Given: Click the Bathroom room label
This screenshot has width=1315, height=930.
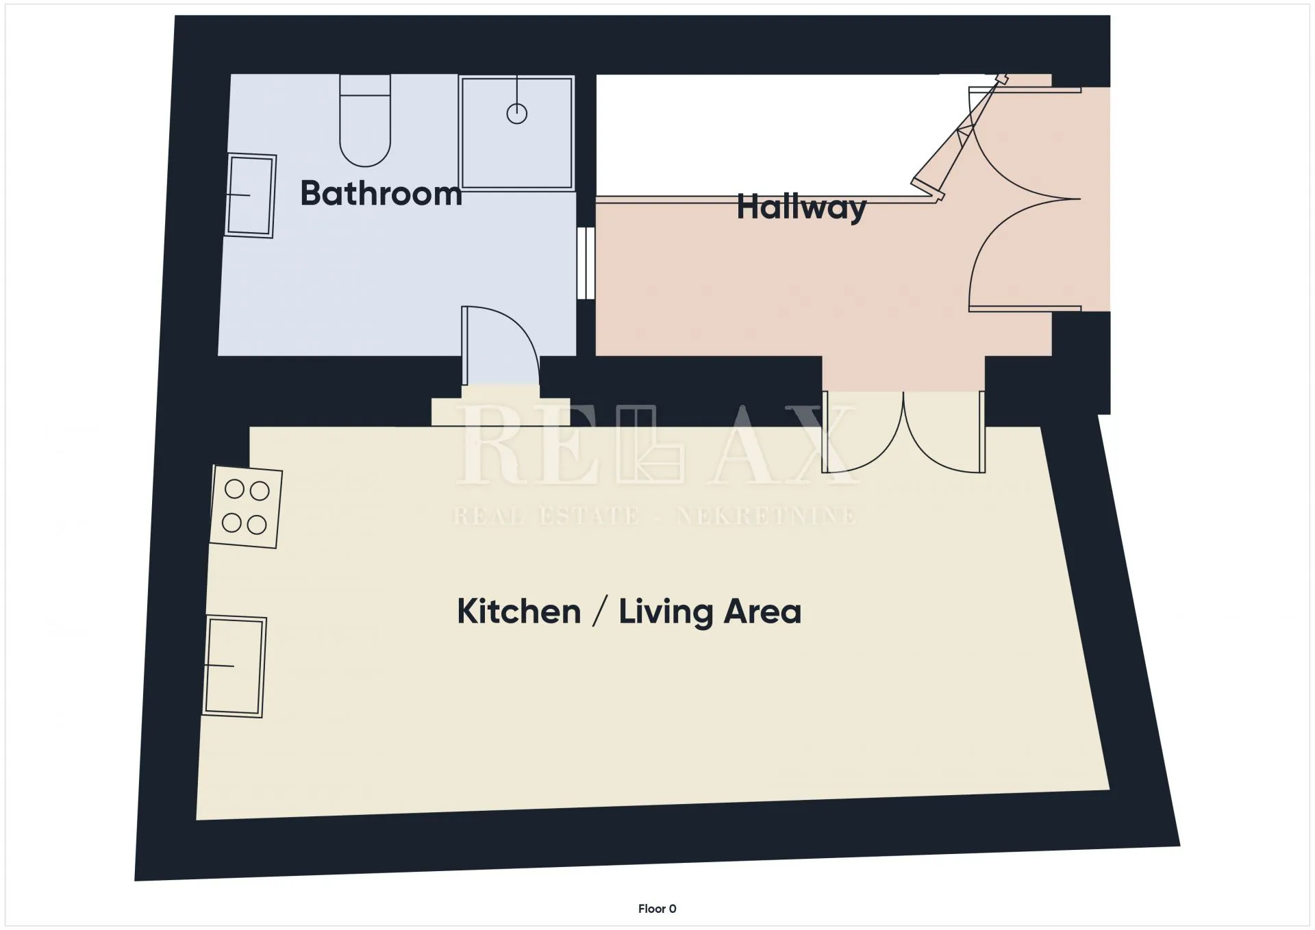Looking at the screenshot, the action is [x=381, y=193].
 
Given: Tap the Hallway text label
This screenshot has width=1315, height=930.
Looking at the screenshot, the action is [x=801, y=207].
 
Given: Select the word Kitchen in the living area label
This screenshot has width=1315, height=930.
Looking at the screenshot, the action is [x=518, y=611].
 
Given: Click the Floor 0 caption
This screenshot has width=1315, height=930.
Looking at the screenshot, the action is [x=657, y=909].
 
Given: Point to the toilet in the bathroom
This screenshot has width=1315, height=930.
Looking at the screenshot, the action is [x=365, y=121].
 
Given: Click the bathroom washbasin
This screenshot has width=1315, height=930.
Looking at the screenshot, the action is [x=251, y=196].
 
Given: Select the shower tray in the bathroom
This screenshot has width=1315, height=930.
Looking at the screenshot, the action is [x=517, y=132].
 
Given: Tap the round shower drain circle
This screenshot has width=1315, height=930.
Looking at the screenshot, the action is [x=517, y=114].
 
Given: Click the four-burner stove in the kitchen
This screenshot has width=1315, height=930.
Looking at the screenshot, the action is [x=246, y=507].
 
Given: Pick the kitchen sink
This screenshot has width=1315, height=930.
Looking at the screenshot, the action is [x=234, y=666].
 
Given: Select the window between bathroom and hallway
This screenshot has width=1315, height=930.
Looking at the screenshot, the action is [x=586, y=263].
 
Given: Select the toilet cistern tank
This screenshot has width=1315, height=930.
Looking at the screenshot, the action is [x=365, y=85].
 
